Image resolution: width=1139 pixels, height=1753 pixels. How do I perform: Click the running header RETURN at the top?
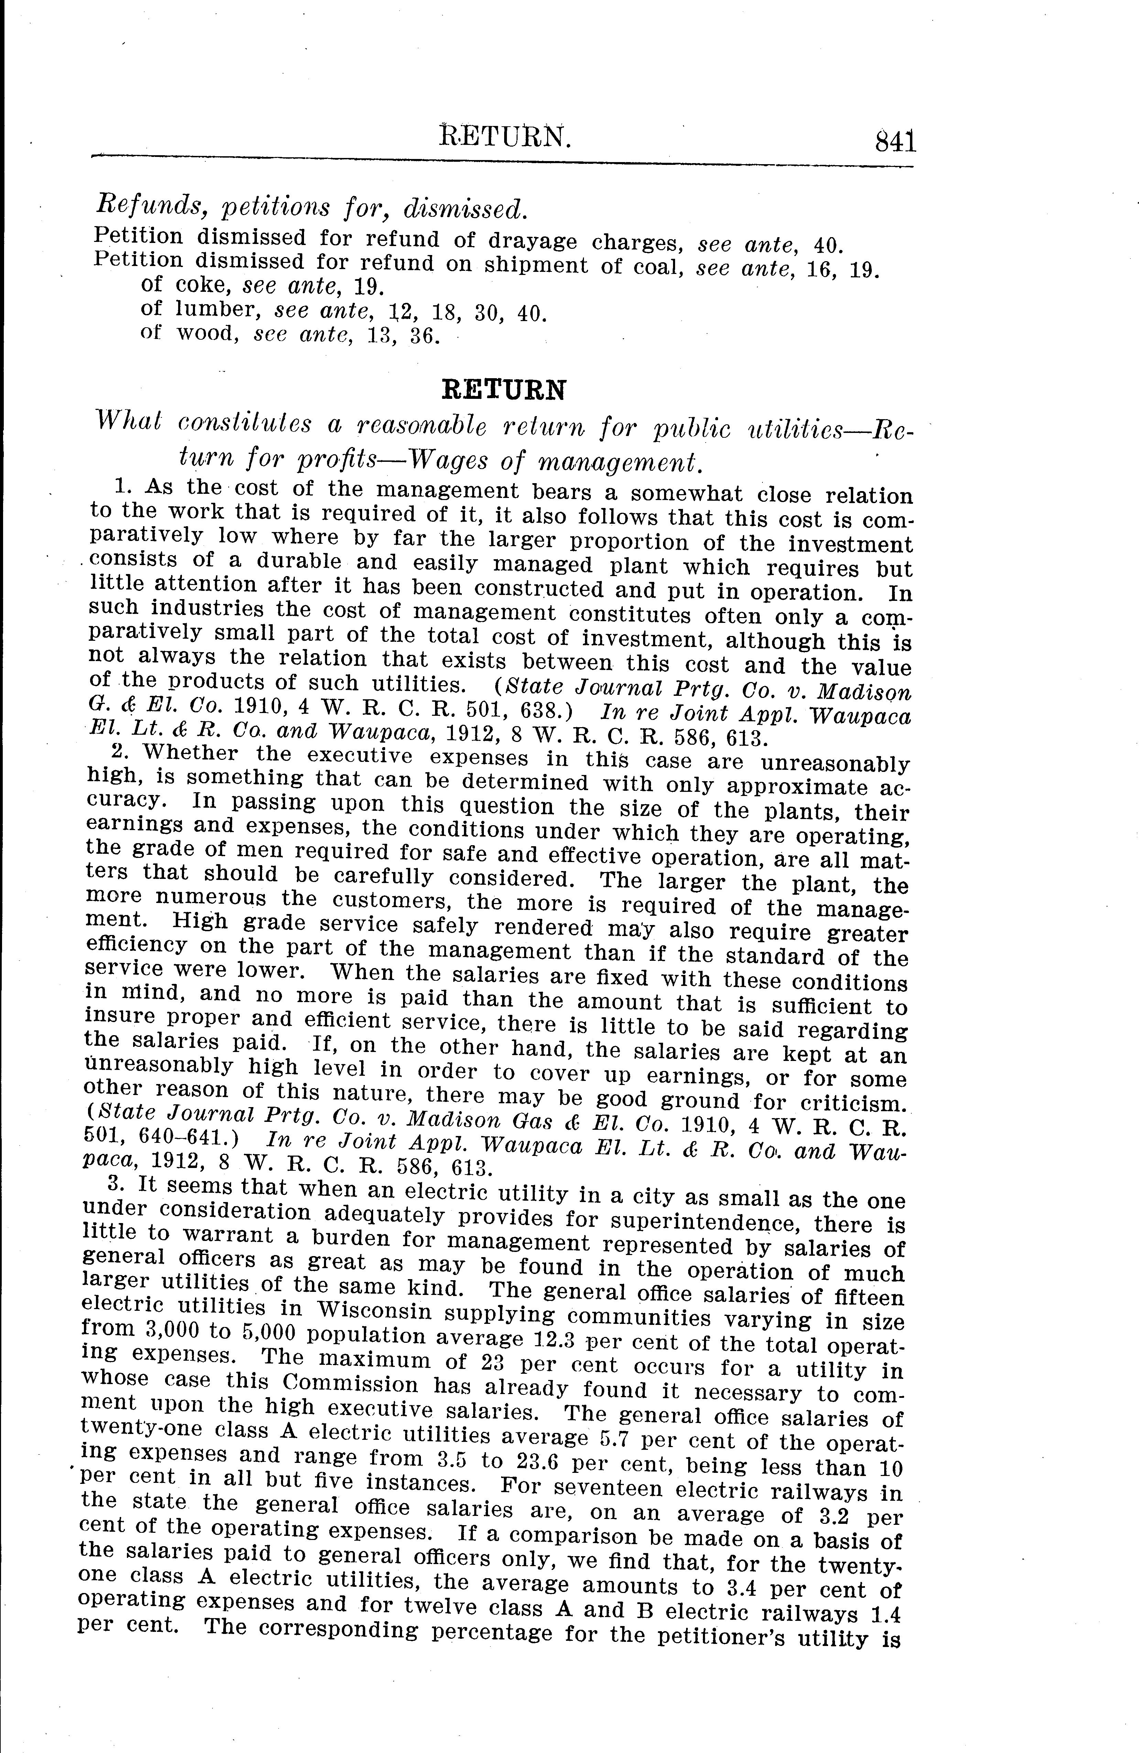tap(505, 136)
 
